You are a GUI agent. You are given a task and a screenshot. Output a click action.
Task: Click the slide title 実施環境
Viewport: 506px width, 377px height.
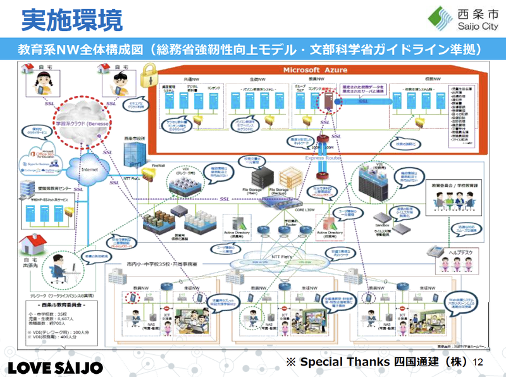71,19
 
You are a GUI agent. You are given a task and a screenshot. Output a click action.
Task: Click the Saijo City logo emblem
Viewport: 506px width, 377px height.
441,19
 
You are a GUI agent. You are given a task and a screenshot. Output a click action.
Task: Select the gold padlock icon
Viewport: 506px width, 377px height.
149,79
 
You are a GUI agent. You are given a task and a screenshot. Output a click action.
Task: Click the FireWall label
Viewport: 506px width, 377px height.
159,166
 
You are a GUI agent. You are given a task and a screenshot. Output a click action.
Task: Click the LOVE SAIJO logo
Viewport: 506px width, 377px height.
55,367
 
